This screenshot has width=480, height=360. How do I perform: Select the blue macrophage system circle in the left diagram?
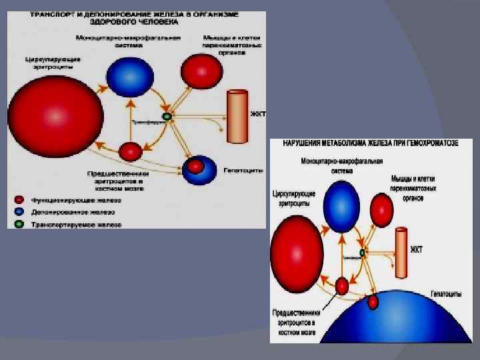[x=129, y=77]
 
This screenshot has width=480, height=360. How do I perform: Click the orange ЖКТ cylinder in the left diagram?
[x=236, y=116]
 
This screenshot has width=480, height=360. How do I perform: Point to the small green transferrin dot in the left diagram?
[x=167, y=117]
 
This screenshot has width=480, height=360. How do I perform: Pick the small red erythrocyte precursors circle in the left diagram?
[x=130, y=151]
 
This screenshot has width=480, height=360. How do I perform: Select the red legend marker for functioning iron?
[x=19, y=199]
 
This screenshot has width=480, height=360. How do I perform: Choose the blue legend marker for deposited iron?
[x=19, y=212]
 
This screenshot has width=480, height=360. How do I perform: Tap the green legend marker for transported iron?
[x=19, y=224]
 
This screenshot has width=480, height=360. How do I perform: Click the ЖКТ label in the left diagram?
[x=258, y=114]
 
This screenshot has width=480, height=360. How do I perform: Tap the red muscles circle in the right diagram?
[x=381, y=211]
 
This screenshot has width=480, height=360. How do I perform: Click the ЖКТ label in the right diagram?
[x=417, y=250]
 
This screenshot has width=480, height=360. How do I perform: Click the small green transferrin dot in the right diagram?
[x=362, y=253]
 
